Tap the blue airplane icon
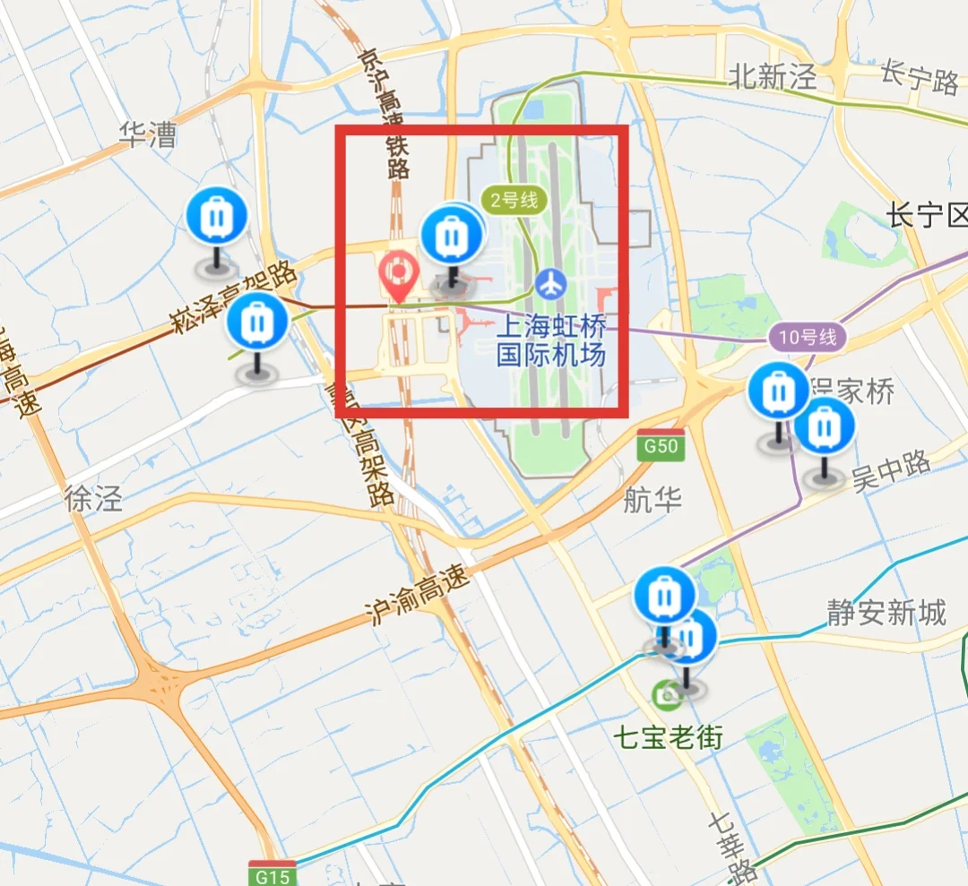click(551, 284)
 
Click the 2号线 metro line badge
click(514, 200)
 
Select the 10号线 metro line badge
click(807, 338)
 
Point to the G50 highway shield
click(661, 445)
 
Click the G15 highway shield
click(272, 873)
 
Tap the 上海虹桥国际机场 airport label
click(551, 339)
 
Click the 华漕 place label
click(149, 135)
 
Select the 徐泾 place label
click(92, 499)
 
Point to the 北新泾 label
click(773, 77)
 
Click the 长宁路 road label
click(920, 78)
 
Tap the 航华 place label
click(653, 500)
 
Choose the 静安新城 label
click(886, 613)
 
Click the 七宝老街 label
click(668, 737)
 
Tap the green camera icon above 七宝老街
click(667, 692)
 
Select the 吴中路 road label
click(891, 471)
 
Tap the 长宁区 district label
click(927, 216)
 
